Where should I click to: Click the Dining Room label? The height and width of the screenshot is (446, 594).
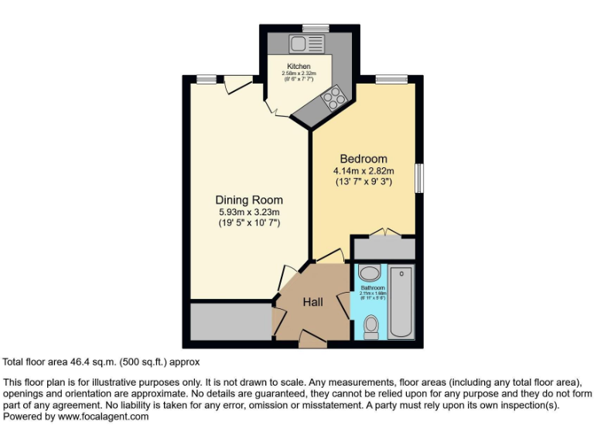248,200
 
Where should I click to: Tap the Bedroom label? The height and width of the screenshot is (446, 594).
364,159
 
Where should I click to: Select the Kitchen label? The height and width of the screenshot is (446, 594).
299,67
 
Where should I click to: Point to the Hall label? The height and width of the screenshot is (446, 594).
312,302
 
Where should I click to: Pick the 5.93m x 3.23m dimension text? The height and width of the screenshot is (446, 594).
248,212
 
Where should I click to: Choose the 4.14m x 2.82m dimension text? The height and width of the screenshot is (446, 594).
364,170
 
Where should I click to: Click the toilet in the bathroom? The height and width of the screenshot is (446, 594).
371,327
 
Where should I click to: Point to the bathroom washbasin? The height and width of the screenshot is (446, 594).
370,273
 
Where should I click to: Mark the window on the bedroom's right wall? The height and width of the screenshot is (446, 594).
419,177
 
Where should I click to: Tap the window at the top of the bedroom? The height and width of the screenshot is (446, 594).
391,78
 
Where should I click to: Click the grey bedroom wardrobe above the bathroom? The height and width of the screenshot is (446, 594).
384,249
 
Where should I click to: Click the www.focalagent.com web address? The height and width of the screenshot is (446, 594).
104,417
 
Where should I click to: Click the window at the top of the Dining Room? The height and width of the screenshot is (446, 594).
205,78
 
